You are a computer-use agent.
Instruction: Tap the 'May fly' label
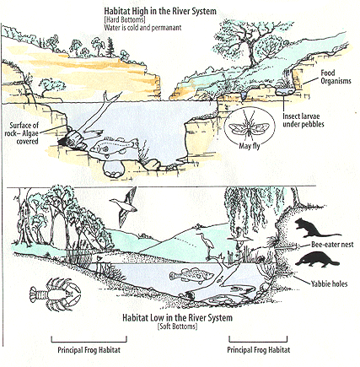[250, 146]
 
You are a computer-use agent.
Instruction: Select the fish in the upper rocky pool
[115, 145]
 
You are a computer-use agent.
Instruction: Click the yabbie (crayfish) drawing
[55, 294]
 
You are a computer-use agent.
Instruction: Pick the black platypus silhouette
[317, 259]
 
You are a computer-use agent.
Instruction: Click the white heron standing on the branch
[207, 244]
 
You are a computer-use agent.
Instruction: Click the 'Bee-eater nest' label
[332, 245]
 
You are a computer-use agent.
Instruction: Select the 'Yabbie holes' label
[329, 283]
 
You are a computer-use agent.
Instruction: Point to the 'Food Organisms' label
[336, 77]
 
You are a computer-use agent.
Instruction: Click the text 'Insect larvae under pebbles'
[304, 120]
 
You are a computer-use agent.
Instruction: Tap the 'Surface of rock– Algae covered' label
[22, 133]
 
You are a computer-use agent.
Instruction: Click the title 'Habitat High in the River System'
[160, 11]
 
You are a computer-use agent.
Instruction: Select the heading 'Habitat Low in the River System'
[177, 318]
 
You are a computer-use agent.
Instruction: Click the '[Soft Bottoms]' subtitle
[177, 327]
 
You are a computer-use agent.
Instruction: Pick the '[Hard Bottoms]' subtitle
[125, 19]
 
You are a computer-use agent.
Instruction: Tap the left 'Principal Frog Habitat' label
[89, 350]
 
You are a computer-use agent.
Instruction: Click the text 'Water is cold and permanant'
[142, 28]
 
